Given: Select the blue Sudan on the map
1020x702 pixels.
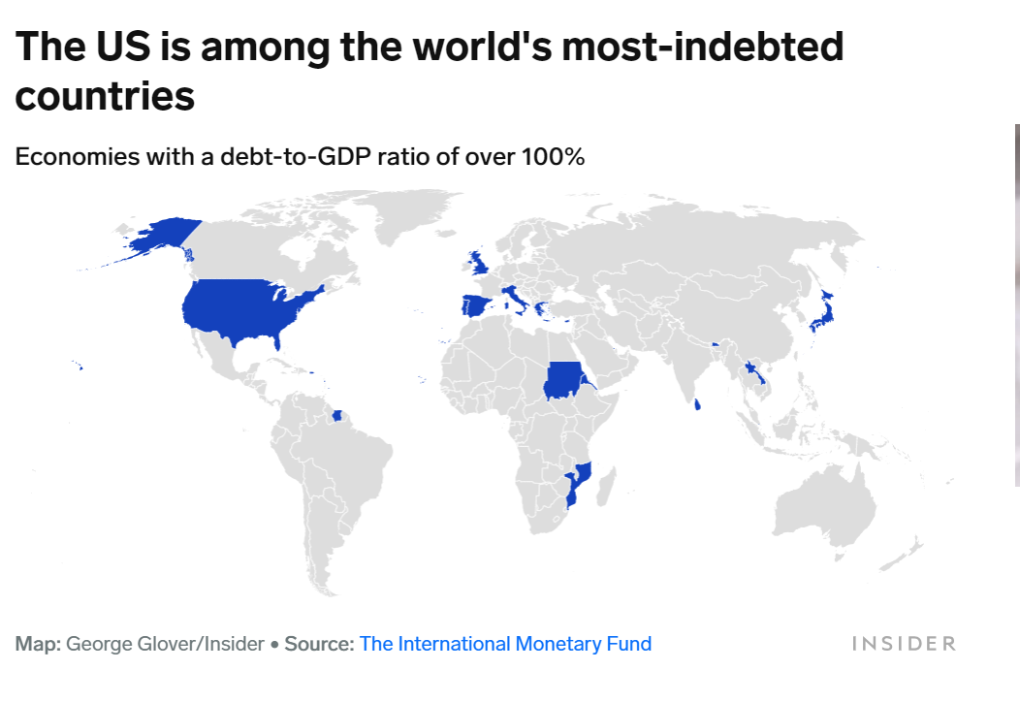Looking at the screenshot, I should coord(562,380).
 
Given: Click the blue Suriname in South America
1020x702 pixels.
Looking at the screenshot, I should coord(336,416).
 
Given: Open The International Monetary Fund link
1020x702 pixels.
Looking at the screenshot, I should coord(505,644).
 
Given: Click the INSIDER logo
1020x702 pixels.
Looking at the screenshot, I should coord(904,644).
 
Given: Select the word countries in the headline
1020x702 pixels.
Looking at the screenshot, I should coord(105,97).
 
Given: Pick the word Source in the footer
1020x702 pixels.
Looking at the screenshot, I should coord(318,644).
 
